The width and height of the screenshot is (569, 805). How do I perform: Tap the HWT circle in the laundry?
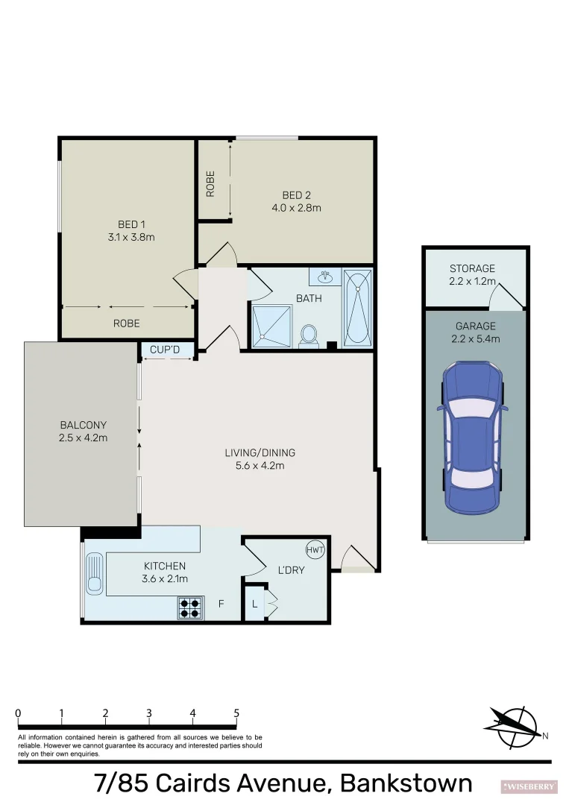[x=313, y=550]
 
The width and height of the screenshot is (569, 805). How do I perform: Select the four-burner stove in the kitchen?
[x=190, y=609]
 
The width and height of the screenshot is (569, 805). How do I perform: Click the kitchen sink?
[x=95, y=574]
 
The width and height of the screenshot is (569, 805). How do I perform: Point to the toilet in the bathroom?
[x=308, y=336]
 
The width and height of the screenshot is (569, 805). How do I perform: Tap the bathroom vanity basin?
[x=325, y=278]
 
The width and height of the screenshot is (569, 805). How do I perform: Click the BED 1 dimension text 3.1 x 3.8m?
[x=131, y=237]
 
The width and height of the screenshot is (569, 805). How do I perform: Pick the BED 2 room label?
[x=296, y=196]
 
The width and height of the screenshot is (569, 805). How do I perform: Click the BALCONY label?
[x=83, y=426]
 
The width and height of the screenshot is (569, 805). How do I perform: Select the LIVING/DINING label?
[x=260, y=452]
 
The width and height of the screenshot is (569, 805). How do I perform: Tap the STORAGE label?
[x=472, y=268]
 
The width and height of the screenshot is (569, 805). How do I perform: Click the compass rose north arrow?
[x=515, y=727]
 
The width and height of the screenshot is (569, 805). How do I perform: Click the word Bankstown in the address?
[x=406, y=783]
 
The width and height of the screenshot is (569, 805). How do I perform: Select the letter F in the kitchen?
[x=221, y=604]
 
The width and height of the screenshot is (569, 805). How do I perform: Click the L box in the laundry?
[x=255, y=604]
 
